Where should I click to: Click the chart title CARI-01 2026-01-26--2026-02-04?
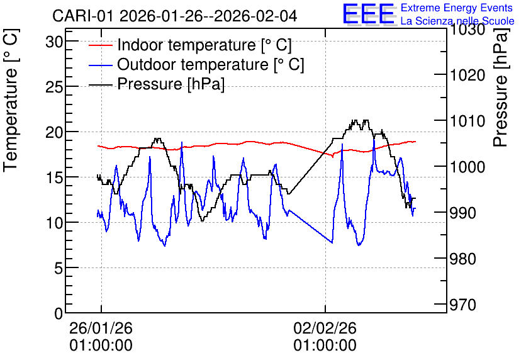click(174, 16)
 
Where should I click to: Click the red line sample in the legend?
click(100, 45)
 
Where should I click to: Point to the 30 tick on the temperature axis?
click(54, 42)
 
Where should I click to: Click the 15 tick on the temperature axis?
click(54, 177)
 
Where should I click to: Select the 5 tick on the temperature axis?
click(59, 268)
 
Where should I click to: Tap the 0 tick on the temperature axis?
click(59, 313)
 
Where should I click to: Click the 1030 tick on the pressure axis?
click(467, 30)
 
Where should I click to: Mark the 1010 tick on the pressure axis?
click(467, 121)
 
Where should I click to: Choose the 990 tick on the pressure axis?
click(462, 213)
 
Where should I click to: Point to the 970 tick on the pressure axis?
click(462, 305)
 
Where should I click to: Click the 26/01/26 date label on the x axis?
click(101, 328)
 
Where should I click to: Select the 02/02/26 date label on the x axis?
click(325, 328)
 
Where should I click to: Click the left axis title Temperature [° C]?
click(11, 100)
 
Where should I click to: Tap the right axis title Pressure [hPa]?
click(501, 87)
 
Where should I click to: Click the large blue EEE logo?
click(368, 14)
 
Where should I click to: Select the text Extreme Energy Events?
click(457, 8)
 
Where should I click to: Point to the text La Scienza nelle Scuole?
click(457, 21)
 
